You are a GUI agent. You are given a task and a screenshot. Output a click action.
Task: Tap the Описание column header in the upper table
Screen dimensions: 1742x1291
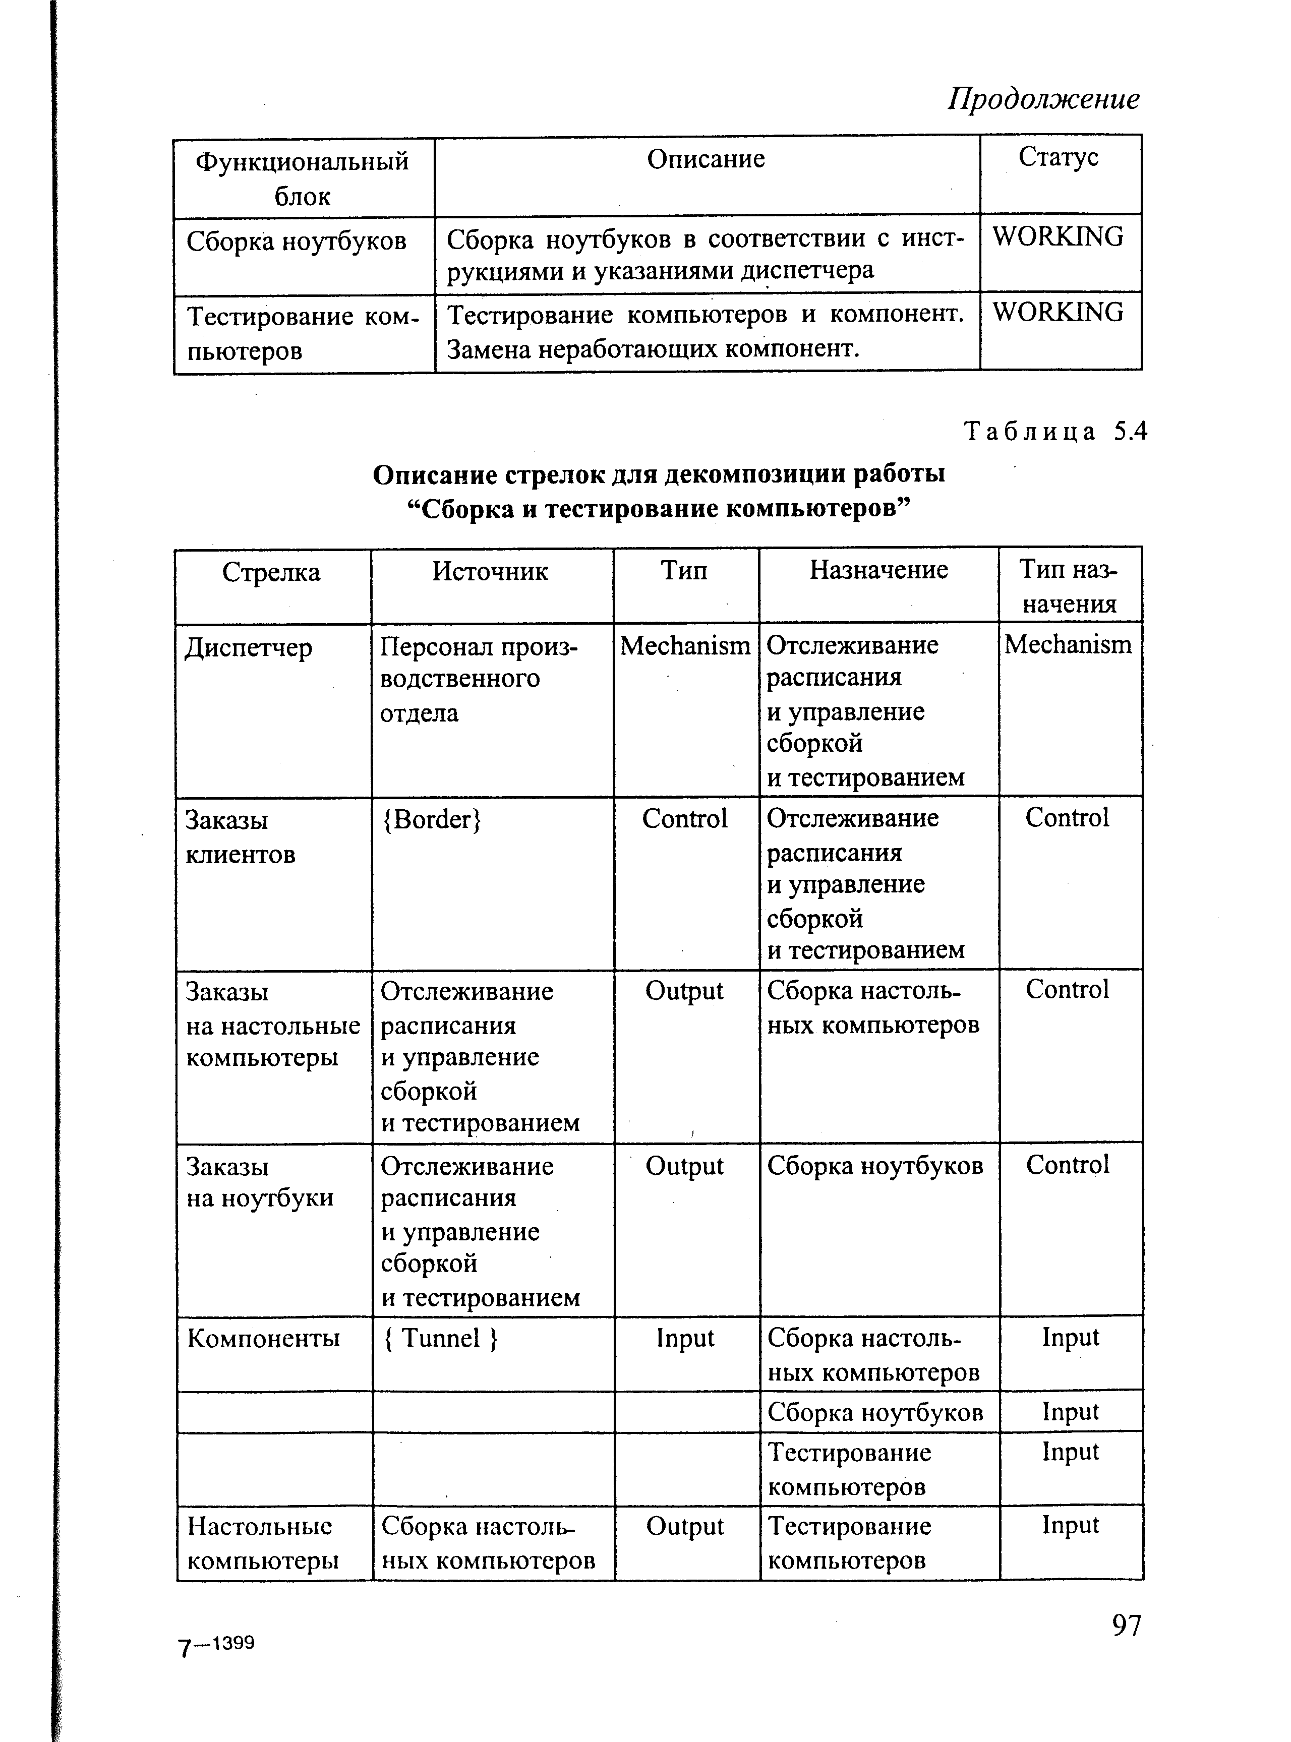pos(706,159)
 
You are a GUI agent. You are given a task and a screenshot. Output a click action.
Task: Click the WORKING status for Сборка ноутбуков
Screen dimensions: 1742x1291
pos(1058,236)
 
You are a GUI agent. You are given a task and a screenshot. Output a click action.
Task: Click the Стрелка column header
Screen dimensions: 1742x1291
pos(271,573)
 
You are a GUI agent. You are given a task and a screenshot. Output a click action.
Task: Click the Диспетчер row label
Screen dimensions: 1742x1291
pos(249,647)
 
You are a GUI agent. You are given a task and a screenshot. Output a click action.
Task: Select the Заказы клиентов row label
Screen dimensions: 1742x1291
pos(241,836)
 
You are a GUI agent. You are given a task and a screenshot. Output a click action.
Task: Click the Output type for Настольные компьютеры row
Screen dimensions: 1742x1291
pos(684,1526)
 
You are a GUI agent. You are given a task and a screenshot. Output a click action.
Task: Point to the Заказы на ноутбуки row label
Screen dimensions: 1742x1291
pos(259,1182)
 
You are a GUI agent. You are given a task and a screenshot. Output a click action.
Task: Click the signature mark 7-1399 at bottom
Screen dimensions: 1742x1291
pos(216,1644)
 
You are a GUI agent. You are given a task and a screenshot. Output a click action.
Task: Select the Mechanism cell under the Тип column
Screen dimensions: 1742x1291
pos(684,646)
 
